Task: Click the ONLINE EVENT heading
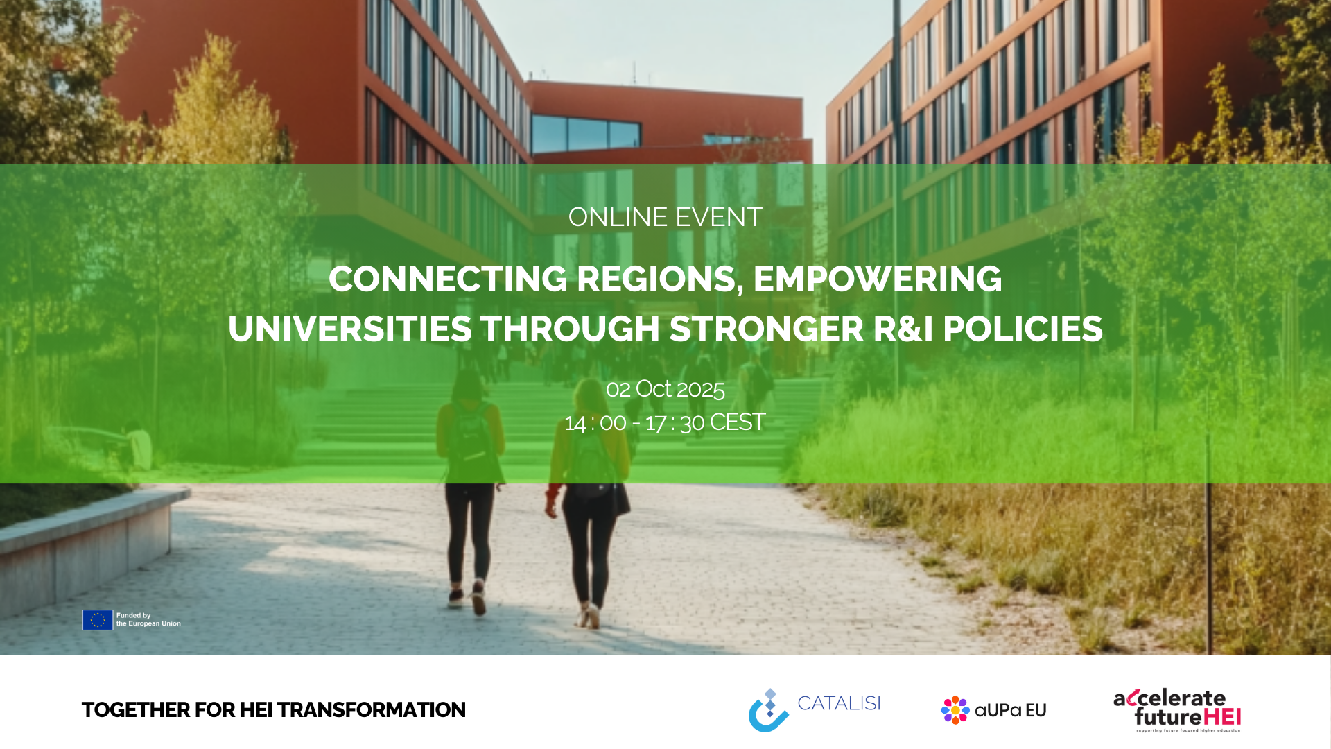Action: (x=665, y=217)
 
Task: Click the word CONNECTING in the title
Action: (x=448, y=279)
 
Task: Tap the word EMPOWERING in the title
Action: (x=878, y=279)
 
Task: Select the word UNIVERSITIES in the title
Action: (x=350, y=329)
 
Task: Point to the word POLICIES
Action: (x=1023, y=329)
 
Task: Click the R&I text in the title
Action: (x=903, y=329)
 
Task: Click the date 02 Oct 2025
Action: (x=665, y=389)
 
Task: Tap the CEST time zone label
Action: (x=738, y=422)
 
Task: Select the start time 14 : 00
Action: (x=595, y=422)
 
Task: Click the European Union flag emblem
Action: (x=98, y=620)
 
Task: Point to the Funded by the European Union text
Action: (x=148, y=619)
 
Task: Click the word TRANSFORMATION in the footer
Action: (x=372, y=710)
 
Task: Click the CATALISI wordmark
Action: (x=839, y=703)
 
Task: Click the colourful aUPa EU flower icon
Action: (x=955, y=710)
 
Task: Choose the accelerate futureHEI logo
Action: (x=1177, y=710)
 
